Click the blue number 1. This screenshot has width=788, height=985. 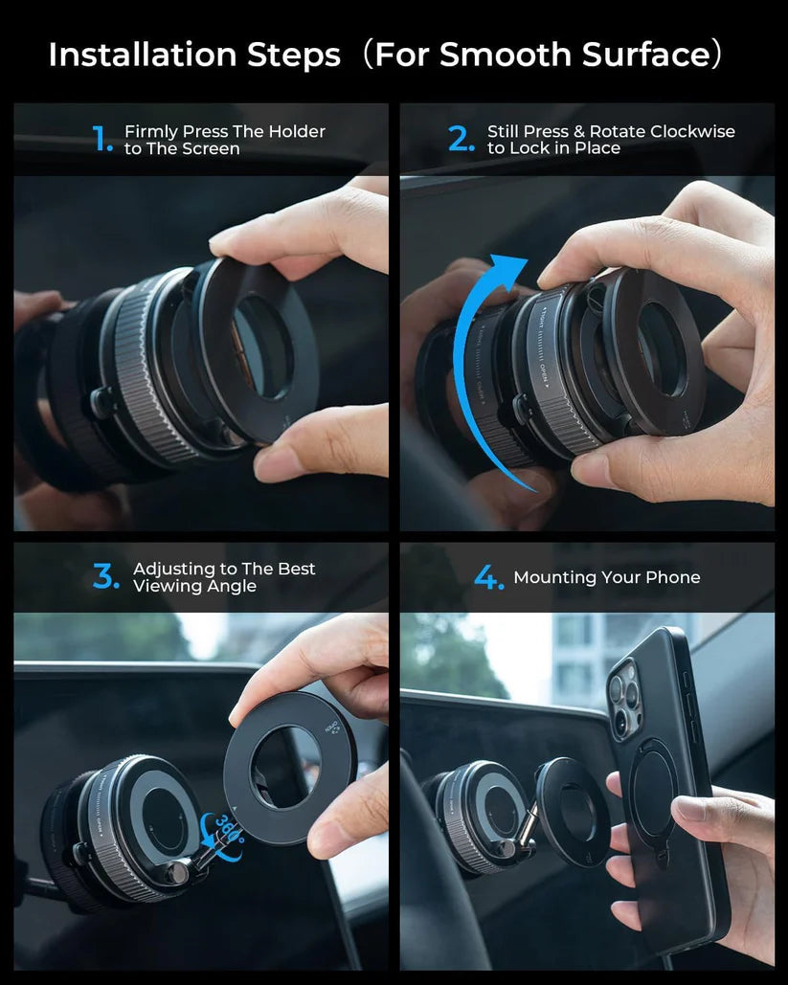point(101,141)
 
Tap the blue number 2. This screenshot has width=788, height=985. point(462,141)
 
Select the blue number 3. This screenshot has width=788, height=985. point(105,577)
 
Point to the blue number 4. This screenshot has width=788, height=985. point(488,578)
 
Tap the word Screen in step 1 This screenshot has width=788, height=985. point(212,149)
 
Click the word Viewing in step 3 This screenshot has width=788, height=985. point(164,586)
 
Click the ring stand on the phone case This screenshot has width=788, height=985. point(655,795)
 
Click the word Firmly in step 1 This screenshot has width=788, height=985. point(151,132)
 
